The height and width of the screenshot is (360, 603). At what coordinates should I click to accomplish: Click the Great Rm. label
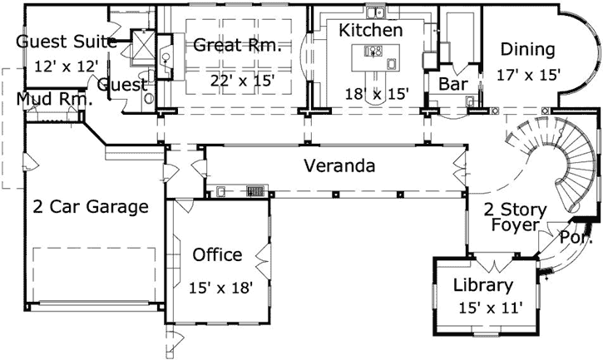pos(238,45)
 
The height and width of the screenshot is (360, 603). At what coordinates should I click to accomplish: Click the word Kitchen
pos(372,30)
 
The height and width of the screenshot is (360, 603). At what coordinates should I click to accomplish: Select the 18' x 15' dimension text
pos(379,94)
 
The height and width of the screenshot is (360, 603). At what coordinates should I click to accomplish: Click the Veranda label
pos(339,165)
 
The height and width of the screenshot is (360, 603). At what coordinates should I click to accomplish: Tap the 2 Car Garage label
pos(91,206)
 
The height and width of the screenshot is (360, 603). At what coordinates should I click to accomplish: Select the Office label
pos(217,254)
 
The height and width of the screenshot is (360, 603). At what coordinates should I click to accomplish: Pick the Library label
pos(482,286)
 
